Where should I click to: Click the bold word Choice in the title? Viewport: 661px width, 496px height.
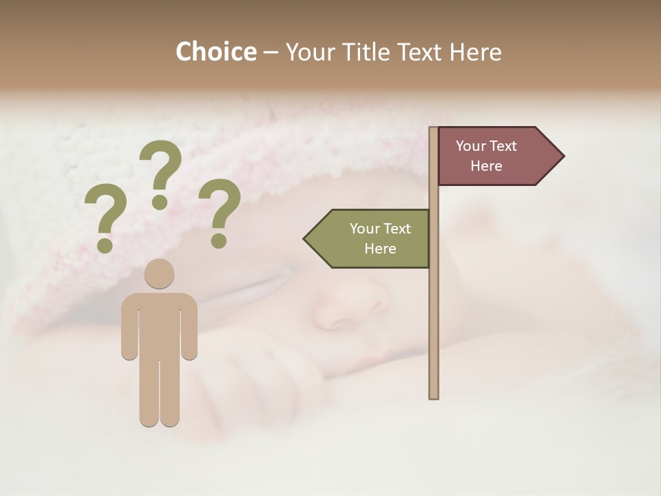(216, 52)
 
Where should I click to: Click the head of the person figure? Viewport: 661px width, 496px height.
(159, 274)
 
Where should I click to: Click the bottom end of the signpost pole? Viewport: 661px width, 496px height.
(434, 395)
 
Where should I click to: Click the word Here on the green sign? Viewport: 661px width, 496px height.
(380, 249)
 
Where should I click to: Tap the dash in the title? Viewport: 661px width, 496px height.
(271, 52)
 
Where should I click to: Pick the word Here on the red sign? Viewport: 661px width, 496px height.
(486, 166)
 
